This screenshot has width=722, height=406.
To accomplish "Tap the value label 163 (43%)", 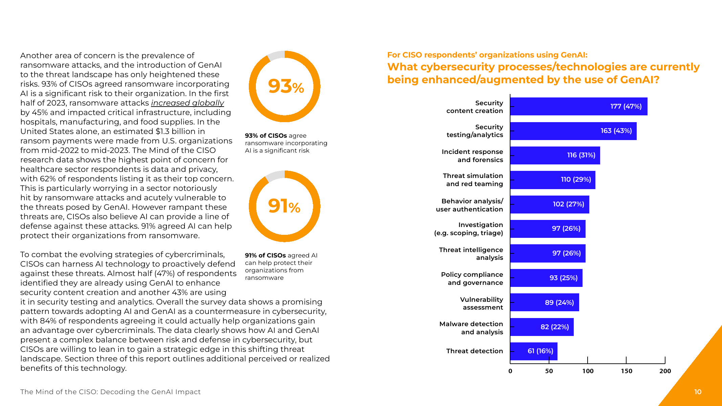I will pyautogui.click(x=616, y=131).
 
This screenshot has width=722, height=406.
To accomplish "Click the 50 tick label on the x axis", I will pyautogui.click(x=549, y=371).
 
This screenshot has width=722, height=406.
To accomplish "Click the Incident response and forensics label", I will pyautogui.click(x=472, y=156).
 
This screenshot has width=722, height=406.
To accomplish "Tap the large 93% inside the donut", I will pyautogui.click(x=286, y=86).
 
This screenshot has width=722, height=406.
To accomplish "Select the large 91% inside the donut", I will pyautogui.click(x=284, y=206).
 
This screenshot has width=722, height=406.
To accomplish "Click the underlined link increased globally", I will pyautogui.click(x=187, y=103).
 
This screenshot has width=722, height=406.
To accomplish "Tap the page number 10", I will pyautogui.click(x=698, y=392).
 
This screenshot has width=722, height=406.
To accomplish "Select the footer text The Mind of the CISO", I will pyautogui.click(x=110, y=392).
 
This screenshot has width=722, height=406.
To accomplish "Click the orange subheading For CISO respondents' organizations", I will pyautogui.click(x=487, y=55).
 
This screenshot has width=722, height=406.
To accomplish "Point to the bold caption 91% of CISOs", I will pyautogui.click(x=265, y=255).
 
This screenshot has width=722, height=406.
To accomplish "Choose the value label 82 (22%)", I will pyautogui.click(x=554, y=327).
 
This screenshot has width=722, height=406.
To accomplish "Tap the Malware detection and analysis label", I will pyautogui.click(x=471, y=328).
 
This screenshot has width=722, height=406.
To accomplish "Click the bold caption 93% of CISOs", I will pyautogui.click(x=266, y=136).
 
